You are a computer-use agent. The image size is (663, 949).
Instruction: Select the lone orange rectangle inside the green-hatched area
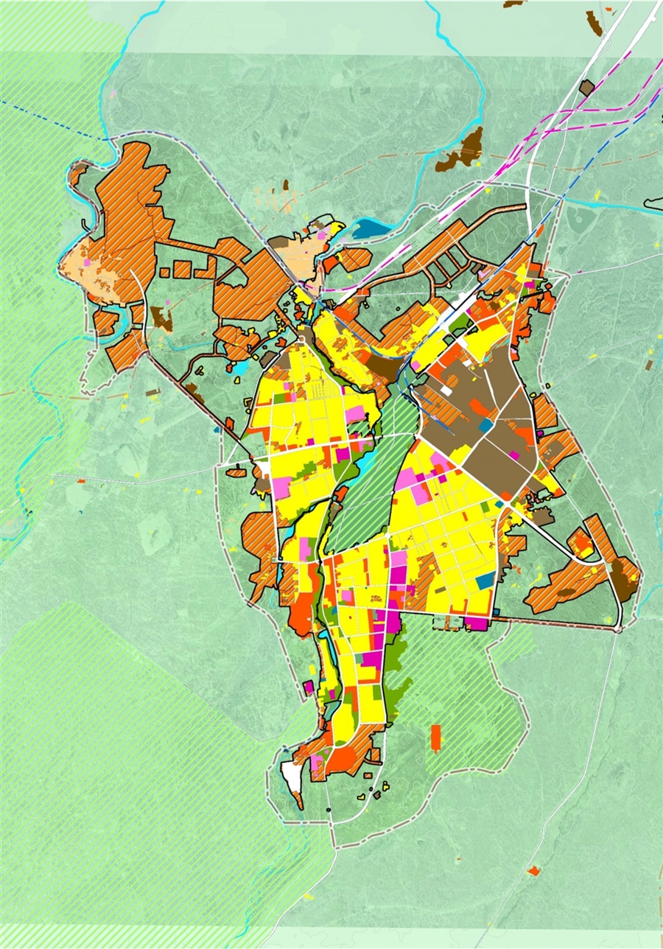435,738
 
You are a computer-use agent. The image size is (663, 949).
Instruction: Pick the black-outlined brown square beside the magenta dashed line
586,88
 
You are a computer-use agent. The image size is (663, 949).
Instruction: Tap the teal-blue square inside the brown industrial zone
485,425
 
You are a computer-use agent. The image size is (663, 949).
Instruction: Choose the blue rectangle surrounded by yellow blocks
485,581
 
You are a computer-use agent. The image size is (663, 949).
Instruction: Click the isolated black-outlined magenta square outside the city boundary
308,687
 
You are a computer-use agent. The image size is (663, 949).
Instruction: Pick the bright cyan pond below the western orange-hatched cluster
239,368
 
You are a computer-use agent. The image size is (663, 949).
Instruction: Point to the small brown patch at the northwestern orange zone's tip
77,170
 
